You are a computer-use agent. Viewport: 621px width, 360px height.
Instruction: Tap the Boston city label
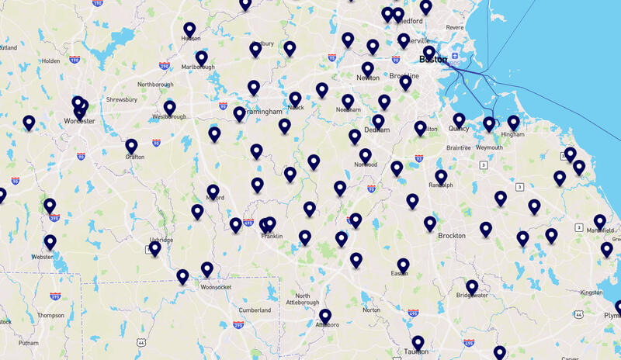(x=432, y=60)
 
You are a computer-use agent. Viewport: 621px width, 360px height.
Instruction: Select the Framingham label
(x=262, y=112)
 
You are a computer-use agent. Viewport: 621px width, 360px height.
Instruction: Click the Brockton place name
(x=452, y=236)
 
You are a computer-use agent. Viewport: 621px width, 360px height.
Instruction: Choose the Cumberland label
(x=255, y=310)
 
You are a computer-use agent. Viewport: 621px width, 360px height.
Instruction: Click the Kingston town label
(x=591, y=292)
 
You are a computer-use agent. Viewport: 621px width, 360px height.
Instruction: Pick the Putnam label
(x=29, y=342)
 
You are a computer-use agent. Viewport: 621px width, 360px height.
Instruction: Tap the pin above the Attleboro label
(x=325, y=316)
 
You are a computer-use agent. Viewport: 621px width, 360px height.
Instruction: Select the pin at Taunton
(x=418, y=342)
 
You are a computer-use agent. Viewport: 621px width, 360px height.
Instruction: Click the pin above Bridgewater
(x=472, y=286)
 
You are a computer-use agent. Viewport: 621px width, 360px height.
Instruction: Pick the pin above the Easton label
(x=403, y=265)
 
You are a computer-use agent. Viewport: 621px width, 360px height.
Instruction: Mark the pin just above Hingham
(x=513, y=122)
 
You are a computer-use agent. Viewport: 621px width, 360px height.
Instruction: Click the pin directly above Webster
(x=50, y=241)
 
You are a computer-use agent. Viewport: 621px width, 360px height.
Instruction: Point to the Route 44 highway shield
(x=139, y=342)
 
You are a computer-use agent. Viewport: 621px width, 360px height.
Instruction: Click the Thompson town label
(x=50, y=316)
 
